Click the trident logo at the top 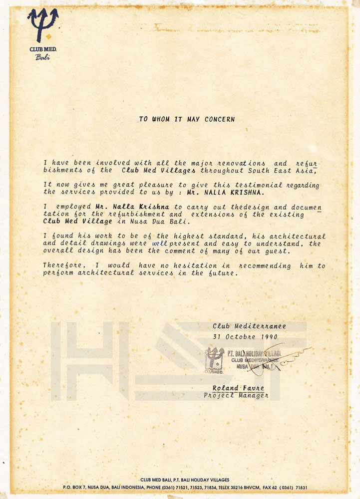coord(42,25)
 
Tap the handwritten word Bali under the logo coord(42,57)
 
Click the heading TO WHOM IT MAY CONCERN coord(187,119)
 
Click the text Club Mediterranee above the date coord(249,326)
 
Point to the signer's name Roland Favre coord(238,388)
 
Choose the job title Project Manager coord(236,395)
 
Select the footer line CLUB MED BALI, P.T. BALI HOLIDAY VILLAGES coord(185,480)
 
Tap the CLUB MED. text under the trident coord(42,49)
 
